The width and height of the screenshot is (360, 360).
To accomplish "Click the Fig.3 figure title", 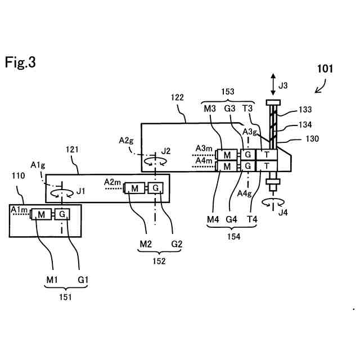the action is pos(20,62).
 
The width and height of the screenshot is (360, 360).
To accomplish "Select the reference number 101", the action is pos(325,69).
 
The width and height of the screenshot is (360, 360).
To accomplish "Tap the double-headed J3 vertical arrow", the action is pos(273,84).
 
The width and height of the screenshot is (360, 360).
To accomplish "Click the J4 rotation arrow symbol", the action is pos(273,202).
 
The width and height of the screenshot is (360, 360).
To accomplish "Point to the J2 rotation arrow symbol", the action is pos(155,161).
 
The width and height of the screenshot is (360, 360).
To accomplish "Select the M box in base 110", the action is pos(41,214).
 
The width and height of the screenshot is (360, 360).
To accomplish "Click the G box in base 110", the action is pos(62,214).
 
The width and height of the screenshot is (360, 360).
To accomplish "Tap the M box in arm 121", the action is pos(134,188).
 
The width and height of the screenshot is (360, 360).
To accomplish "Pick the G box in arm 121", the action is pos(155,188).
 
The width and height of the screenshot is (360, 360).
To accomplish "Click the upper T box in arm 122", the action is pos(267,155).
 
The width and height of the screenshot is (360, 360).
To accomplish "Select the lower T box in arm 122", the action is pos(267,166).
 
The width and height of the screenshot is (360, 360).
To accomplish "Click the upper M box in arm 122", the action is pos(227,155).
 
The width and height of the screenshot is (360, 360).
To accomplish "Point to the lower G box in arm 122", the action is pos(247,166).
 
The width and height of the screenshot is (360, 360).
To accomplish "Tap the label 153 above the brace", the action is pos(227,92).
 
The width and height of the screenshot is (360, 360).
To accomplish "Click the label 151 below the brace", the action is pos(65,298).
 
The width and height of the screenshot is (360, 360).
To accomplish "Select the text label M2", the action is pos(146,244).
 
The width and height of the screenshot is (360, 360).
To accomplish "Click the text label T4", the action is pos(252,219).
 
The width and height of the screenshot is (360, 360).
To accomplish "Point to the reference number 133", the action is pos(305,110).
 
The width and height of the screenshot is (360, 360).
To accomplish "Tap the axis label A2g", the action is pos(126,141).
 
